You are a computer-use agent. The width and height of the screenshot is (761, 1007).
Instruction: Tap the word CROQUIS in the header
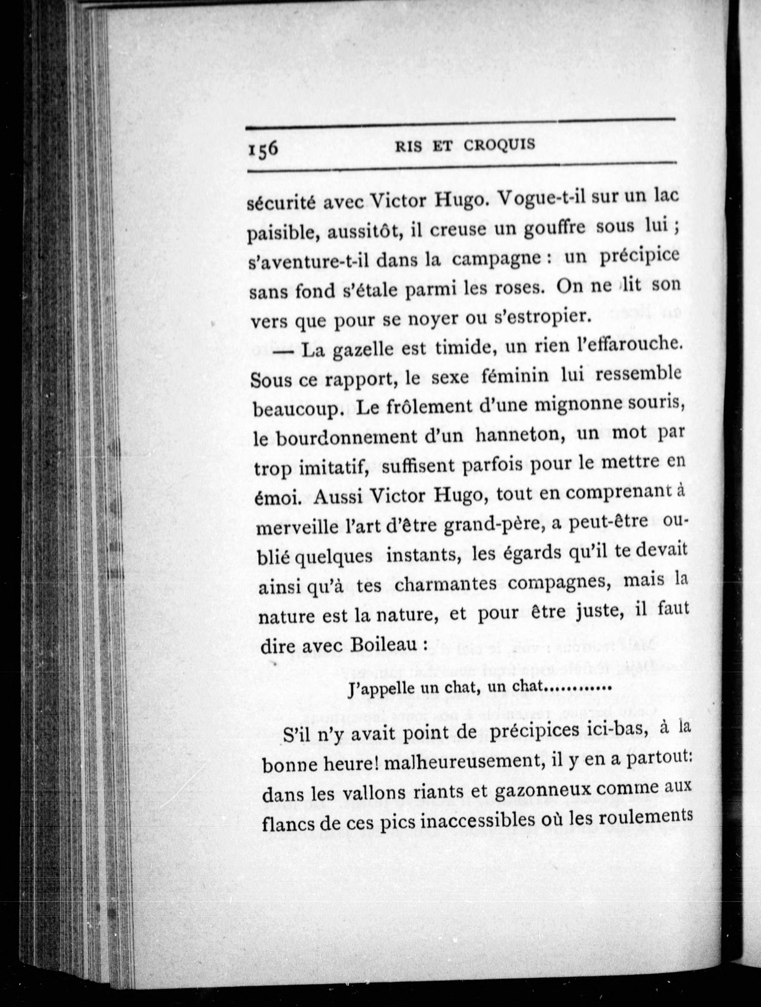[499, 144]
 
